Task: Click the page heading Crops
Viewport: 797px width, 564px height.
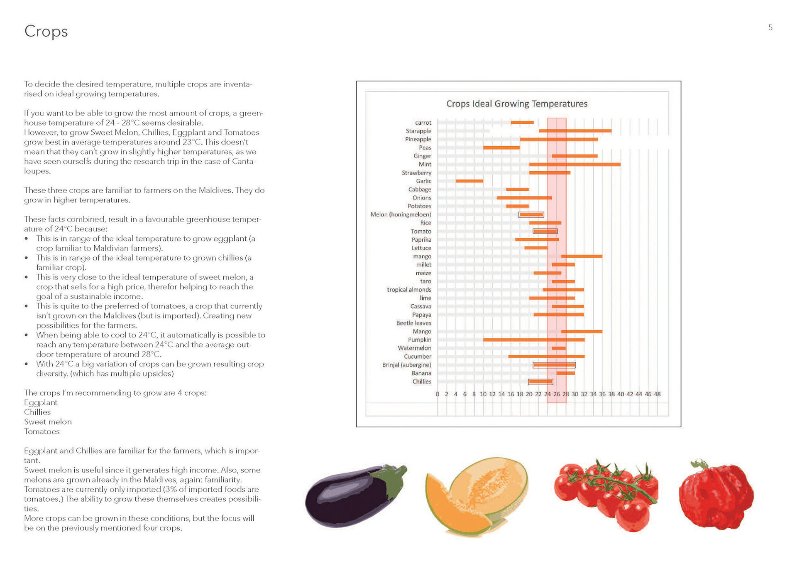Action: click(46, 32)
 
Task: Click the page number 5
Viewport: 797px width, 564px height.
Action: click(770, 28)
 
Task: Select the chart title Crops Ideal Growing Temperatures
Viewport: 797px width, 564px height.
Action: click(516, 103)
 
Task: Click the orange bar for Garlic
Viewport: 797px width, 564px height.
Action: click(469, 181)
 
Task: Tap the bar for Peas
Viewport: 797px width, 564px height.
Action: click(501, 148)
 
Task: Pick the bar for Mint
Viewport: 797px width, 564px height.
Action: click(575, 165)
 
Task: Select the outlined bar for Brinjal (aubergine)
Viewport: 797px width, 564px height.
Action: click(554, 365)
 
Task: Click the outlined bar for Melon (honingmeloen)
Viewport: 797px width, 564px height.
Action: click(531, 214)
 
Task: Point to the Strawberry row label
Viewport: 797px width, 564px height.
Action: click(416, 173)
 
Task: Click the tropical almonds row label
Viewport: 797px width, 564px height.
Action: click(409, 290)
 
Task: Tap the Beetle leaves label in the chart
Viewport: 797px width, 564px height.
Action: click(413, 323)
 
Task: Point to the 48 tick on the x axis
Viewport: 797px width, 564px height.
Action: click(657, 394)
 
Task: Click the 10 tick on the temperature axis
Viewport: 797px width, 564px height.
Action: click(483, 394)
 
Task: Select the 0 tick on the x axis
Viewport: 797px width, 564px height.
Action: click(437, 394)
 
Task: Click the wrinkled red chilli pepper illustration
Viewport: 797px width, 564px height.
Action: click(716, 495)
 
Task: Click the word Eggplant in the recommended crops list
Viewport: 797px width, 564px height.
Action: click(41, 402)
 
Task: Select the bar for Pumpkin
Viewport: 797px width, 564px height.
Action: click(533, 340)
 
